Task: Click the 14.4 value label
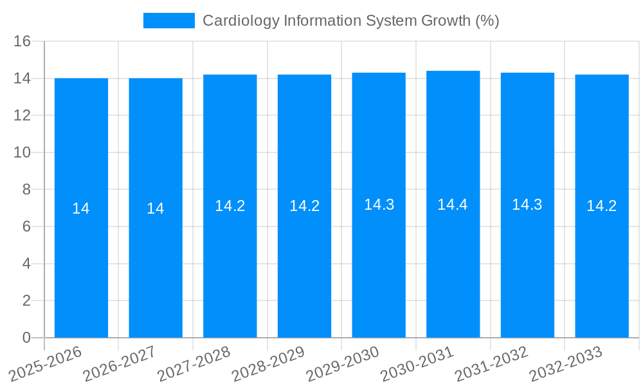453,205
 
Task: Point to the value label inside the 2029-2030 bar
379,205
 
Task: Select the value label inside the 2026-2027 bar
156,208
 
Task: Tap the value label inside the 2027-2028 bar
230,206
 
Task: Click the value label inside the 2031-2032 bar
527,205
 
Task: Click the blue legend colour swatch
168,21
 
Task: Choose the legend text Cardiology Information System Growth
350,21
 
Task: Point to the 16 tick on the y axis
23,41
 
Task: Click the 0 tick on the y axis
26,338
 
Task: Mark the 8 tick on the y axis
26,190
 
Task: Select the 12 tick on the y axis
23,116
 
